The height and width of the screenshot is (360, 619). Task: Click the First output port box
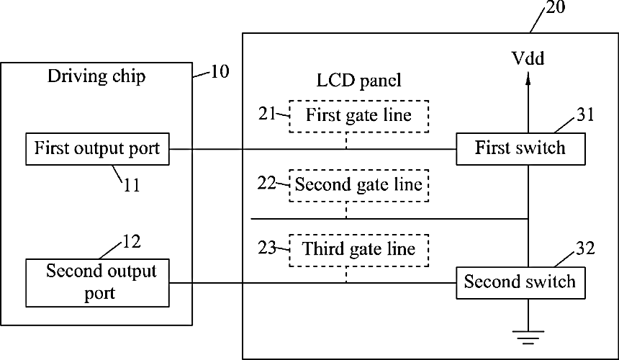coord(97,149)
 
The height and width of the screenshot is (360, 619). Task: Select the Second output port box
coord(97,283)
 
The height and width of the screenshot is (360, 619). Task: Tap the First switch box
coord(520,149)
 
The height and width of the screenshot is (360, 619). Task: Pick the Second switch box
coord(520,283)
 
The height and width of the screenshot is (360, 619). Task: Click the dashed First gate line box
coord(359,117)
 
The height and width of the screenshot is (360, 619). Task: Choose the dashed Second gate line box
coord(359,186)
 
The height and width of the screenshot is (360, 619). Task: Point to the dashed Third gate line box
coord(359,251)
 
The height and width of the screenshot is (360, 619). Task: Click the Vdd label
coord(528,58)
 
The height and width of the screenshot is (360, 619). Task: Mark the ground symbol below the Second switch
coord(528,338)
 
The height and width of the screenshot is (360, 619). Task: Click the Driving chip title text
coord(96,76)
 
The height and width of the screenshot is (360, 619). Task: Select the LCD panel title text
coord(359,80)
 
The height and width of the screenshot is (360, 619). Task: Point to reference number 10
coord(220,72)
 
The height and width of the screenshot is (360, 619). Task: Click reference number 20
coord(556,6)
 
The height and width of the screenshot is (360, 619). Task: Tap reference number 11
coord(132,185)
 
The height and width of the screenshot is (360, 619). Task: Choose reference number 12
coord(132,242)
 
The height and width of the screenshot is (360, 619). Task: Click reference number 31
coord(585,114)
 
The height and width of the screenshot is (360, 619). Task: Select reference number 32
coord(585,248)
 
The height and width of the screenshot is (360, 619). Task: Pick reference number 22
coord(266,183)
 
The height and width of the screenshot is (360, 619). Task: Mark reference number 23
coord(267,248)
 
